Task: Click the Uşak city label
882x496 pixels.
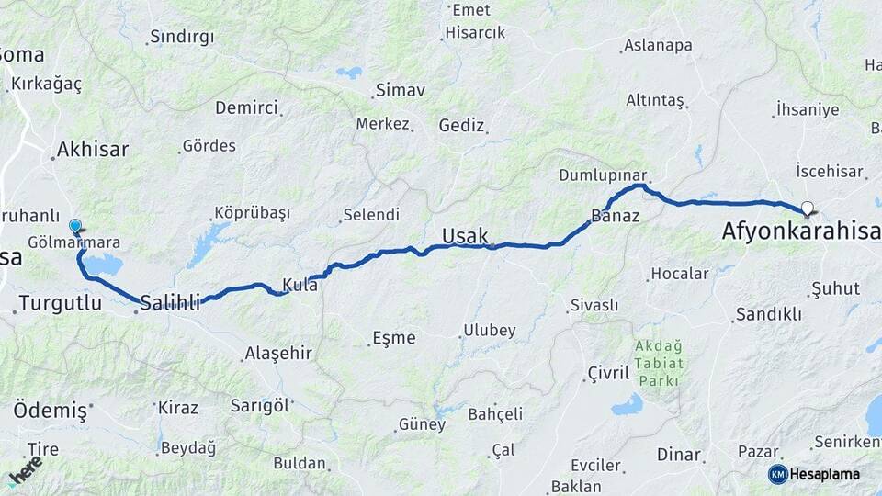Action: point(465,236)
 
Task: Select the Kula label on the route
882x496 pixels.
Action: point(300,286)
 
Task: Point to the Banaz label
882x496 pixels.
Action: point(615,218)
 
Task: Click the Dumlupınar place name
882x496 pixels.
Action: point(603,175)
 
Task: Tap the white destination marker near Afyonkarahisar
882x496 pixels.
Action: point(807,208)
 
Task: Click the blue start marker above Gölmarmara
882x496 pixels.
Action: point(75,225)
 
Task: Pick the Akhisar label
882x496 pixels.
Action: point(93,149)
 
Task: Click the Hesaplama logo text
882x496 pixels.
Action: point(824,474)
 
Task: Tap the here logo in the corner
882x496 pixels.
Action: point(26,469)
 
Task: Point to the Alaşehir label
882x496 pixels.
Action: point(278,354)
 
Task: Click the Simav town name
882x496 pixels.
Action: point(401,91)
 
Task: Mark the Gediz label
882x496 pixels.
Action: point(461,125)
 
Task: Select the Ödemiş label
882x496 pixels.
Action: point(50,410)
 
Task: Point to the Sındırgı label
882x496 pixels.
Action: point(181,38)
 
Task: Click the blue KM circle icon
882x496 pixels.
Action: point(777,474)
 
